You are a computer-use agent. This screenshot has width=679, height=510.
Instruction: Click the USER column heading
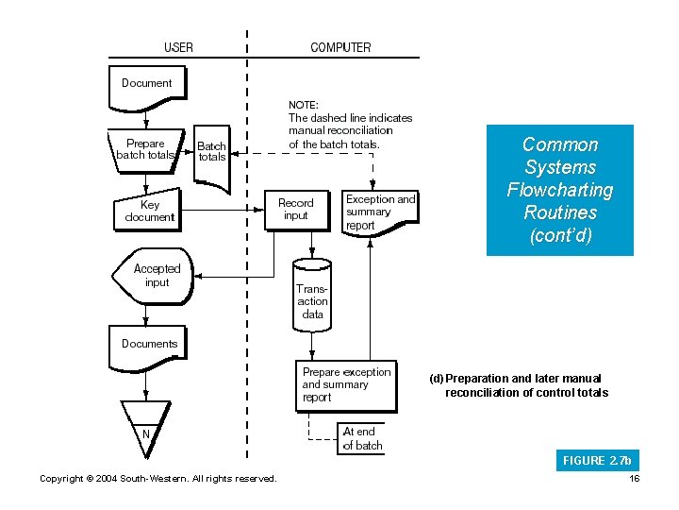click(179, 47)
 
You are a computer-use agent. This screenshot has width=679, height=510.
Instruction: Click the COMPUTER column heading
click(340, 47)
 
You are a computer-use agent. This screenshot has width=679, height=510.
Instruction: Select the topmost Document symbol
click(147, 82)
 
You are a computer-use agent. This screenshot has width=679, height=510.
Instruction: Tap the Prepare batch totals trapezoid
click(145, 150)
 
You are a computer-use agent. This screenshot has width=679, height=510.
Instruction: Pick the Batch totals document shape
click(212, 155)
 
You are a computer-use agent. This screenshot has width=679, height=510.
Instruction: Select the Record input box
click(296, 210)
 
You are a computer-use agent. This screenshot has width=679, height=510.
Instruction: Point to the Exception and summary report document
click(379, 212)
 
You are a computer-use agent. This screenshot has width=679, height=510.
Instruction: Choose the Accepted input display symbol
click(157, 276)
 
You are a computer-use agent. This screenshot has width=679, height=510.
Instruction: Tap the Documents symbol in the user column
click(149, 344)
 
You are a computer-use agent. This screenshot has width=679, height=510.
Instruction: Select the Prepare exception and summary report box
click(345, 385)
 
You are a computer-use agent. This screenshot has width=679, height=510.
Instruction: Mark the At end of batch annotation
click(361, 438)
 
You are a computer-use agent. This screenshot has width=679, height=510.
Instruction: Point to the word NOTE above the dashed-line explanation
click(304, 105)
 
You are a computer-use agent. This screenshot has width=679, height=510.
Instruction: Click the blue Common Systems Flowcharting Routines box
click(559, 190)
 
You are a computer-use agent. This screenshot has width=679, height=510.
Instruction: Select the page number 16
click(633, 479)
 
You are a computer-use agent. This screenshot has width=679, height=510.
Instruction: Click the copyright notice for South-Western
click(157, 479)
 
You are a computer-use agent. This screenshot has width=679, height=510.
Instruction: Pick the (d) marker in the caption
click(436, 379)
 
